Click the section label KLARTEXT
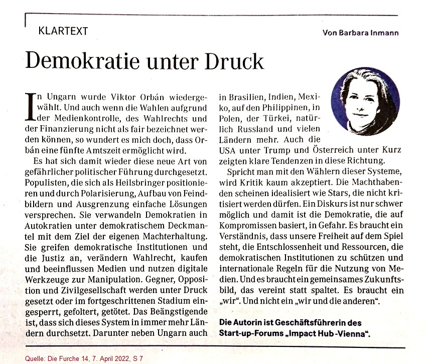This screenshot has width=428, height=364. (63, 31)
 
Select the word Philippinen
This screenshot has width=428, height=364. (283, 107)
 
